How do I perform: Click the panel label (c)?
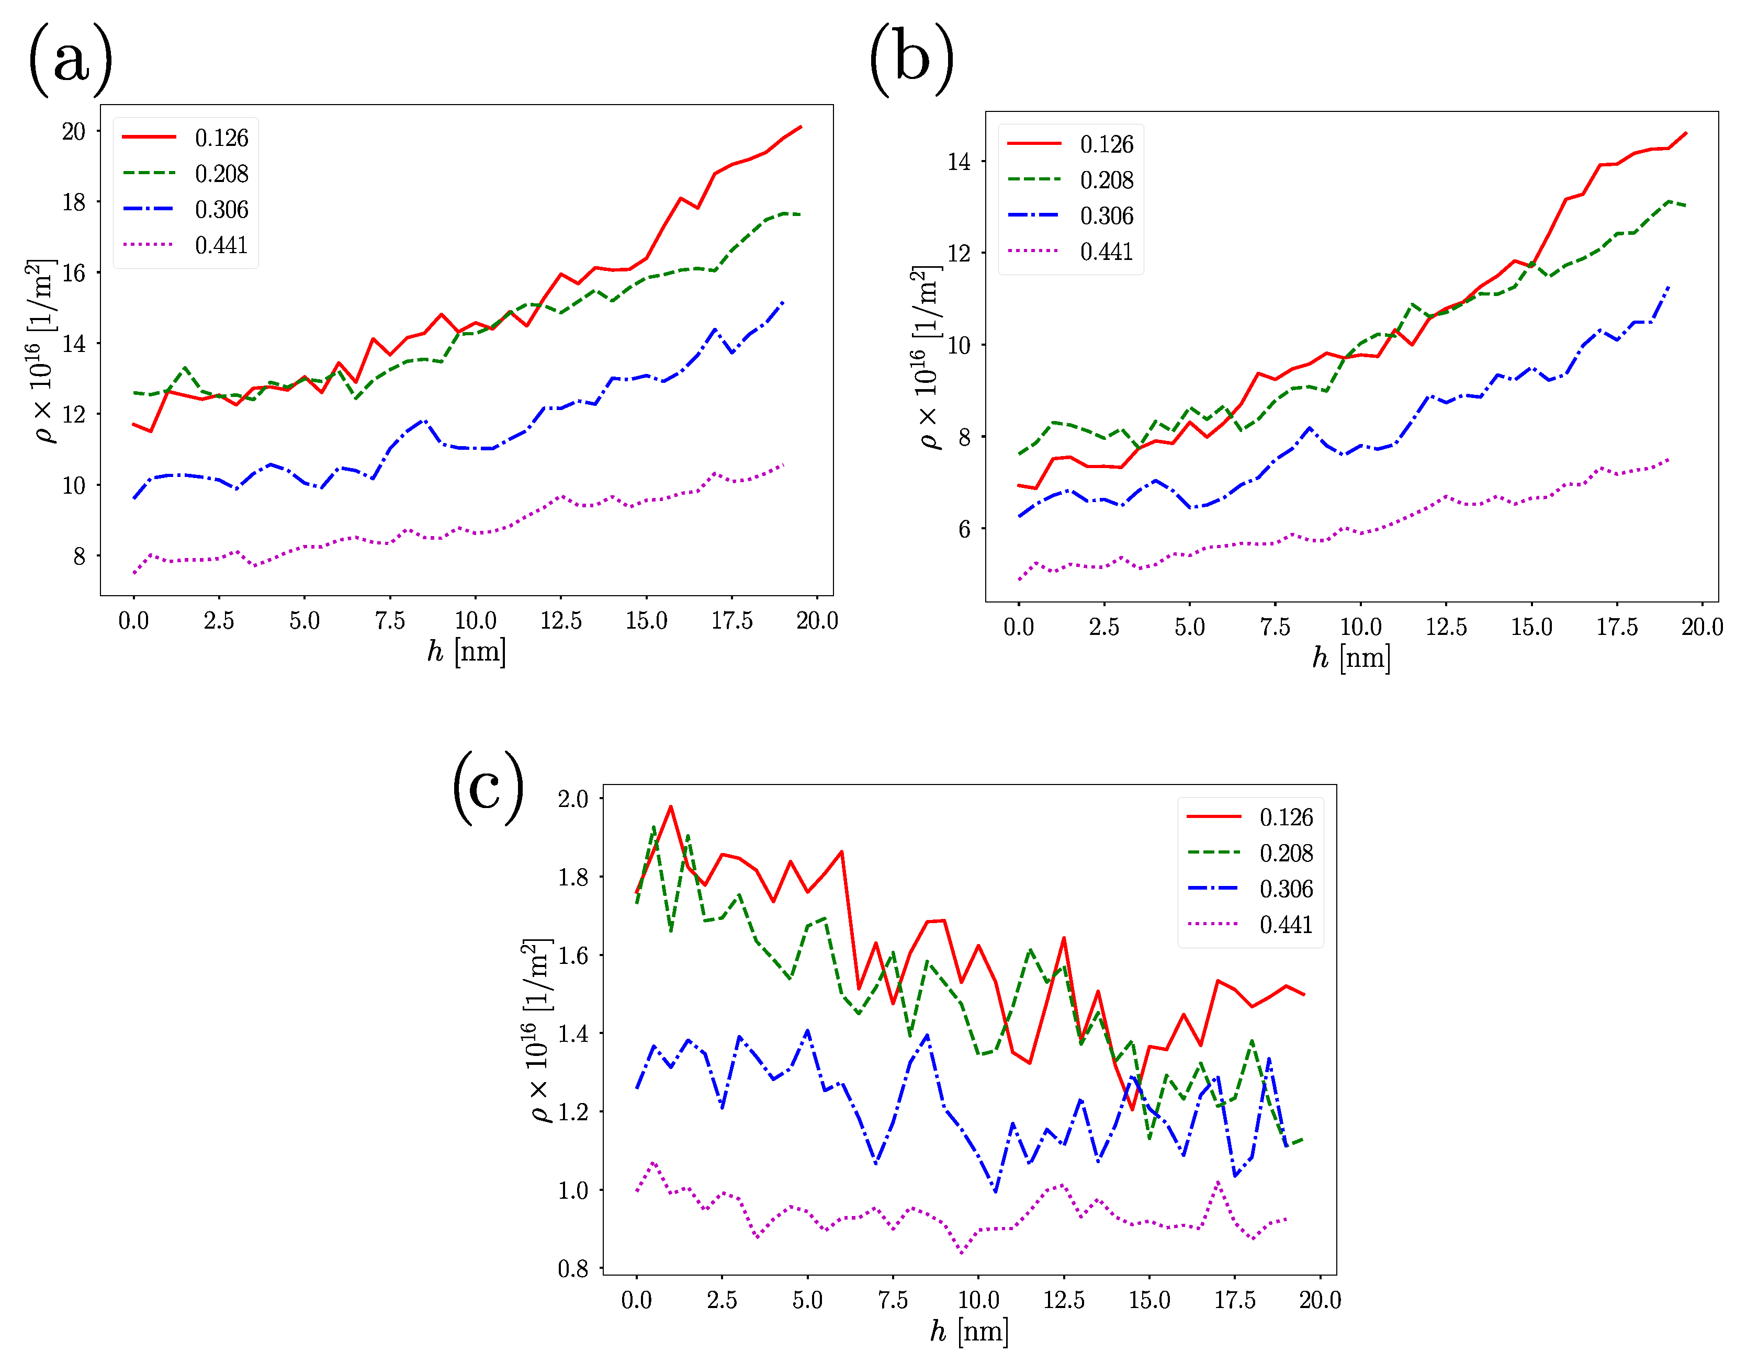click(488, 788)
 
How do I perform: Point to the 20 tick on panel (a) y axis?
click(74, 131)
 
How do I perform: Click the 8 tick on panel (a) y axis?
click(79, 556)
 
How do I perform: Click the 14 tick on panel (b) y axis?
click(959, 162)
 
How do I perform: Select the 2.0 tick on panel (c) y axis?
click(573, 799)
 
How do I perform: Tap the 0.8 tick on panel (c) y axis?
click(573, 1269)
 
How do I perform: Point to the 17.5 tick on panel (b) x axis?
click(1617, 627)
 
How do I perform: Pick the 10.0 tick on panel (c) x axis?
click(978, 1300)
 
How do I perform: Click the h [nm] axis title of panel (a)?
click(466, 652)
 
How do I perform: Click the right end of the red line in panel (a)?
click(801, 127)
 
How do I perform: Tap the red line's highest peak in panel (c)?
click(670, 806)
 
